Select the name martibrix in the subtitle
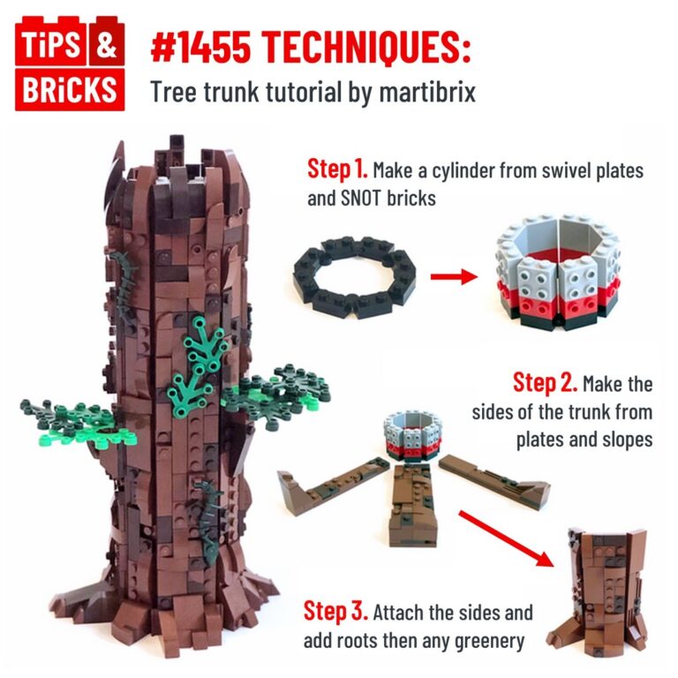tap(429, 91)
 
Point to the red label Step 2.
tap(545, 383)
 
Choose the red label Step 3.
tap(335, 611)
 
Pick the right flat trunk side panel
tap(495, 476)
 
